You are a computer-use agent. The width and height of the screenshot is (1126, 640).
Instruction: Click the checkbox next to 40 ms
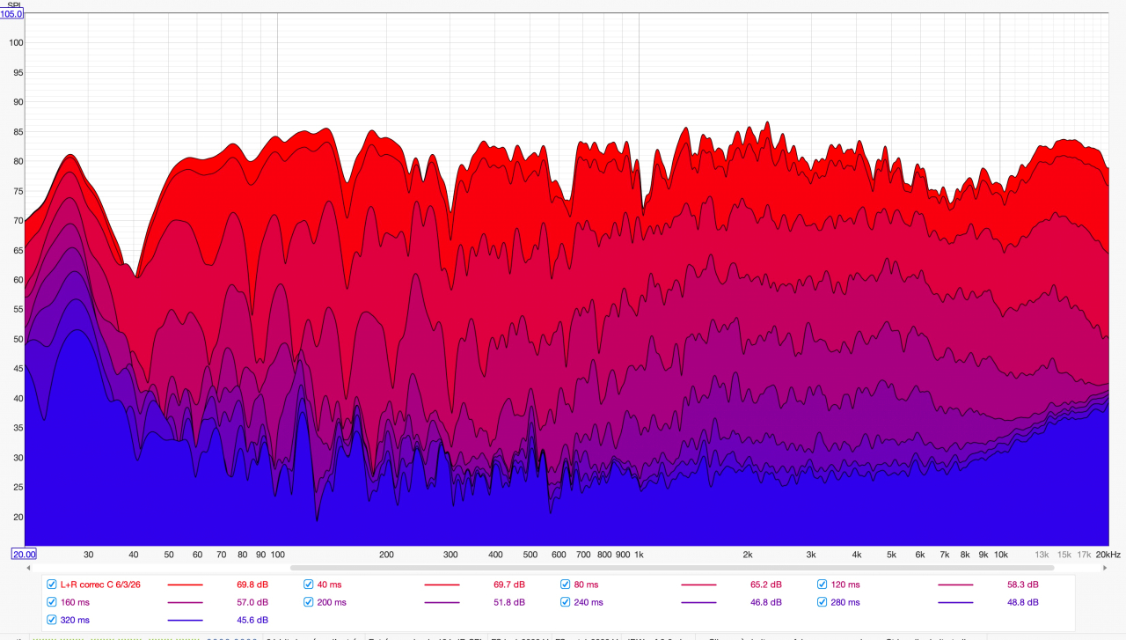point(309,585)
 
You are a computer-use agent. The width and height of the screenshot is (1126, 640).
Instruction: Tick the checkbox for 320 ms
point(52,620)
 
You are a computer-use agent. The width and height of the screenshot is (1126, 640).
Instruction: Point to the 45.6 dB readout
point(251,620)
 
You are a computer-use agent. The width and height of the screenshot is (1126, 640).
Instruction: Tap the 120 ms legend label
point(845,585)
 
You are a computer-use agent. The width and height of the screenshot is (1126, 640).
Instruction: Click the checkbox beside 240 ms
point(566,602)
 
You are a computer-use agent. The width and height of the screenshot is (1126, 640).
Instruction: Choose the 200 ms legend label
point(332,602)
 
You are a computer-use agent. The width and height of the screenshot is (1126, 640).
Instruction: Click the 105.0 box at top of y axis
point(12,14)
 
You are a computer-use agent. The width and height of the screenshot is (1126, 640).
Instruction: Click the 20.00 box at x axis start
point(24,554)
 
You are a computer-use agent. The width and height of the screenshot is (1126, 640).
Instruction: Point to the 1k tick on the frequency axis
point(639,555)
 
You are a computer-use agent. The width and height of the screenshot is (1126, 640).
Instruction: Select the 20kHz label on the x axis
point(1108,555)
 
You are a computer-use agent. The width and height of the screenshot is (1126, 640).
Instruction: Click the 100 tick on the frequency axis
point(277,555)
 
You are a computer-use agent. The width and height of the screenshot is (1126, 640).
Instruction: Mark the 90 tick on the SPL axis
point(17,102)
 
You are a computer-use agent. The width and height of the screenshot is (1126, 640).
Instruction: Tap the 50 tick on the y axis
point(17,339)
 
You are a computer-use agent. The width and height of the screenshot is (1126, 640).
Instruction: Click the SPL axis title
point(15,5)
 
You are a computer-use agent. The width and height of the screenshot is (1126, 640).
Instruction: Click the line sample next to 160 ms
point(185,602)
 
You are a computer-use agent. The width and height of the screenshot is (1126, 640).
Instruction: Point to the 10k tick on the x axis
point(1000,555)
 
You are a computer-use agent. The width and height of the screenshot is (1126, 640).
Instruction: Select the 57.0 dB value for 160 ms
point(251,602)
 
